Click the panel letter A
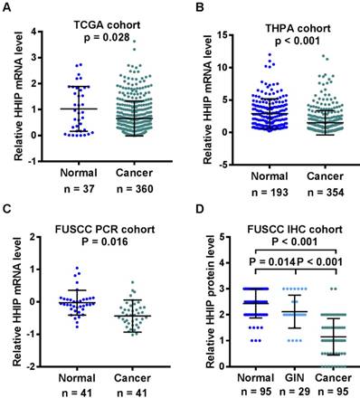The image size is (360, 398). (x=8, y=6)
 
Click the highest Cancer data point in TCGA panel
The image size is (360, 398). (x=134, y=42)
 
